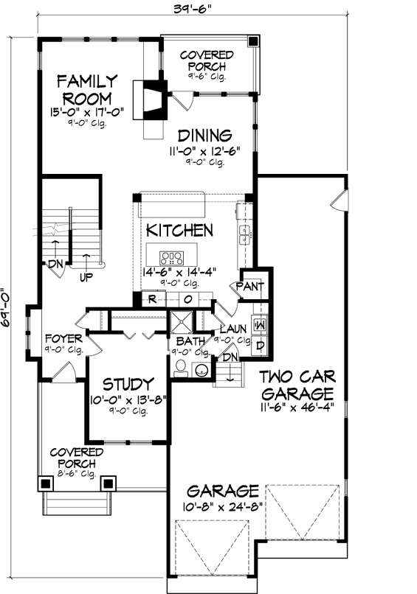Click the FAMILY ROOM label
pos(87,88)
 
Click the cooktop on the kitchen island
pos(173,258)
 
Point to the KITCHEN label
pos(179,230)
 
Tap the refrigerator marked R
pos(151,299)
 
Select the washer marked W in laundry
pos(259,323)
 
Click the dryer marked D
pos(259,345)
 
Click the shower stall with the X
pos(181,322)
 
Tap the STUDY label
pos(128,384)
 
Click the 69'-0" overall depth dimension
pos(7,307)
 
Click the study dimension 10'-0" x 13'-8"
pos(128,400)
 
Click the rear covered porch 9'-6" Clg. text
pos(207,77)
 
